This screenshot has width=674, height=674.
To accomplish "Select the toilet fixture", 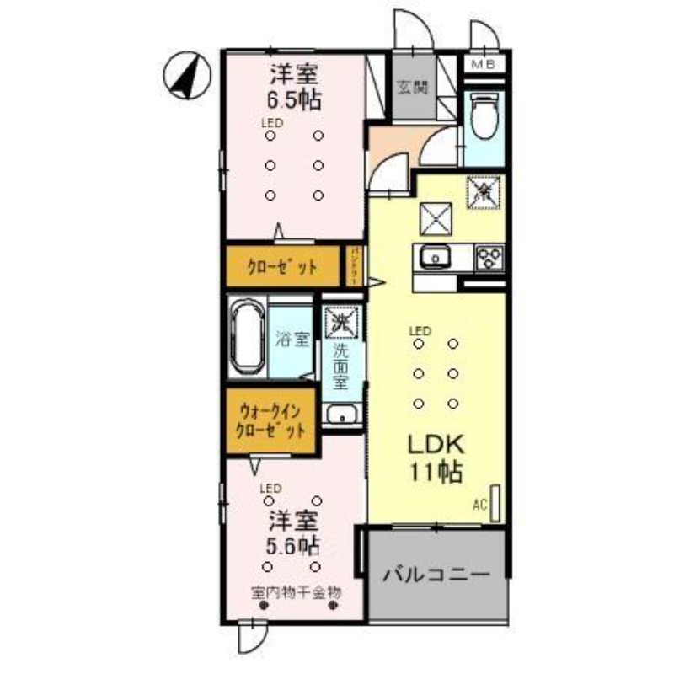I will point(484,118).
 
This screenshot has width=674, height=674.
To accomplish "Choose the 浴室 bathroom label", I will point(292,339).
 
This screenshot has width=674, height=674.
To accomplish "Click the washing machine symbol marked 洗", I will point(341,321).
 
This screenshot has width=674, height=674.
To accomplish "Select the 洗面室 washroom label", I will point(340,368).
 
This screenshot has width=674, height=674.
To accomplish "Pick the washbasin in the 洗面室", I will point(341,415).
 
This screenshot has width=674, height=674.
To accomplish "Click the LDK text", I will point(437,445).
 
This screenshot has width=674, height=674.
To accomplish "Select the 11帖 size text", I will point(437,473).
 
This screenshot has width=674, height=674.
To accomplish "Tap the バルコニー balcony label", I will point(436,576).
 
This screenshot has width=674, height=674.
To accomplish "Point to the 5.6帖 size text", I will point(293,541).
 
